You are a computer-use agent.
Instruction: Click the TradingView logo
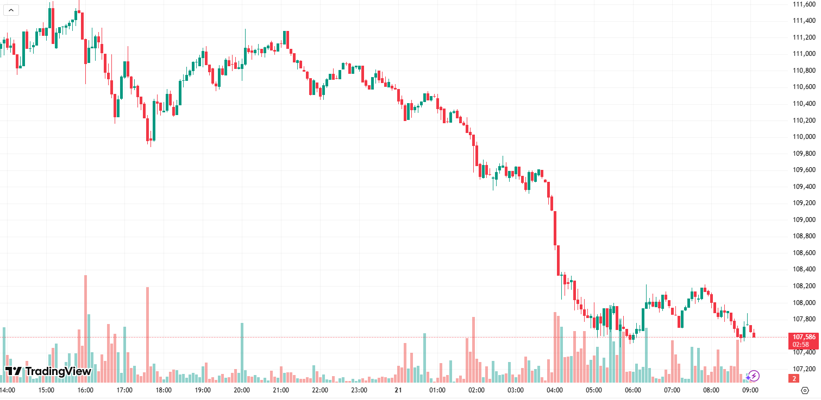(x=48, y=371)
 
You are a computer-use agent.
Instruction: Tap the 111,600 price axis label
(x=804, y=4)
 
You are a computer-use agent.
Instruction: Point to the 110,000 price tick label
(x=804, y=137)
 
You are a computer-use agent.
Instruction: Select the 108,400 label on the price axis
(x=804, y=269)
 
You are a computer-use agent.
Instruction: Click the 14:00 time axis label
(x=7, y=390)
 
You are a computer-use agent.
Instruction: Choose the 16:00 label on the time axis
(x=85, y=390)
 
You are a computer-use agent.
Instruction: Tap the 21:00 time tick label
(x=281, y=390)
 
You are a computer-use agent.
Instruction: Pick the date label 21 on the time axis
(x=398, y=390)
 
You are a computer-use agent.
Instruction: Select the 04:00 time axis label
(x=555, y=390)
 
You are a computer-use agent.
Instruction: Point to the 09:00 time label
(x=750, y=390)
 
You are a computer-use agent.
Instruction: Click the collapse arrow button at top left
(x=11, y=10)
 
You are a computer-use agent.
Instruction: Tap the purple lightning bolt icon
(x=754, y=376)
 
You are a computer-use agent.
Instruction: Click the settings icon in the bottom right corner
(x=805, y=390)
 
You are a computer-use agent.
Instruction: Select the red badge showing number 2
(x=794, y=378)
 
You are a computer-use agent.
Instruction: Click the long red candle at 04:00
(x=555, y=228)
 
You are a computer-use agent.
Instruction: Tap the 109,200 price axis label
(x=804, y=203)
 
